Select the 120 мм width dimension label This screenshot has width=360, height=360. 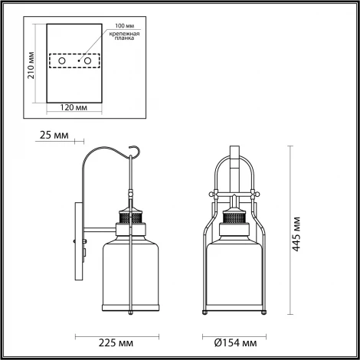point(76,106)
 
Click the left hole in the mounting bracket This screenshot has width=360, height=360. point(62,60)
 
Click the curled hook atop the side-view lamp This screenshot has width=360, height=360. point(135,153)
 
